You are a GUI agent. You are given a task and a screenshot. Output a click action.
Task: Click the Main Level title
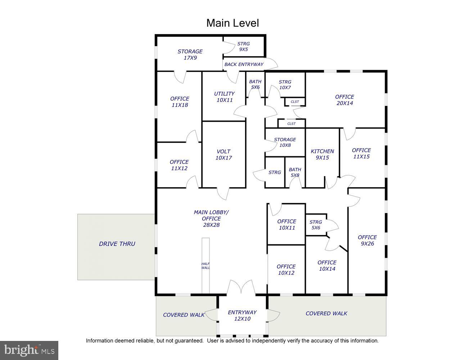point(232,23)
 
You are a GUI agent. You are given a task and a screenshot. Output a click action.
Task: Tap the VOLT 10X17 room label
point(224,155)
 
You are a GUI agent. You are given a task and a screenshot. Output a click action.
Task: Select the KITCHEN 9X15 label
point(322,154)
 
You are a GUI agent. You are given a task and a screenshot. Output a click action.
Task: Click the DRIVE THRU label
point(117,244)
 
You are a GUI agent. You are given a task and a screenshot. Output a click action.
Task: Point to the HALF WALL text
point(206,266)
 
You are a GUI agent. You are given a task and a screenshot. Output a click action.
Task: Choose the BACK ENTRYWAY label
point(244,64)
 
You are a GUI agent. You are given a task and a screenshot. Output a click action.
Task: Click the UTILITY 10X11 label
point(224,97)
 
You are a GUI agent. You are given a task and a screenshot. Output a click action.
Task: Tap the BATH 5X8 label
point(295,172)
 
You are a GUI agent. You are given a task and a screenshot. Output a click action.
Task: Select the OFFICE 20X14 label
point(344,100)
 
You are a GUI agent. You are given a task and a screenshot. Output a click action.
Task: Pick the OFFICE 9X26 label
point(367,240)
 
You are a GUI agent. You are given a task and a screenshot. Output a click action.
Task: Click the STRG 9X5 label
point(243,46)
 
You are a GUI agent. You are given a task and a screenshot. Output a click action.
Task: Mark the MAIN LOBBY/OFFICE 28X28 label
point(211,219)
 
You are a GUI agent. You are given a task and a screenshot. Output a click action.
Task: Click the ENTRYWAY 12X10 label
point(242,315)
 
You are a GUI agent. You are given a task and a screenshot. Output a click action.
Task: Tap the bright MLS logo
point(29,350)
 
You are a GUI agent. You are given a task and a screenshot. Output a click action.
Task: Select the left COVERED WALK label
point(184,315)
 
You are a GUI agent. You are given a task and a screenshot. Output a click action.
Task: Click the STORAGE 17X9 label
point(190,54)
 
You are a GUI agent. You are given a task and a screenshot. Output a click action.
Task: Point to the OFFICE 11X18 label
point(180,102)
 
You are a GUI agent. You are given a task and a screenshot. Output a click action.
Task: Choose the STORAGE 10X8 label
point(285,142)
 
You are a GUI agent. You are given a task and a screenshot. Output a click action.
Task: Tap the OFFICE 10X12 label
point(286,270)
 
